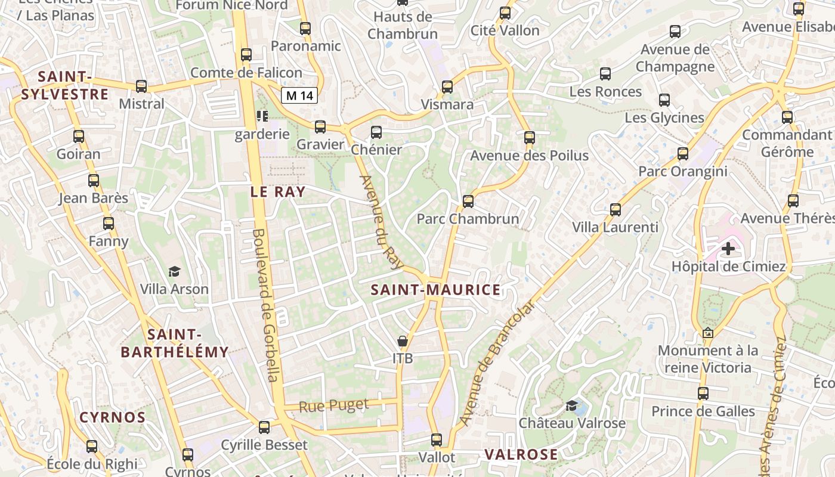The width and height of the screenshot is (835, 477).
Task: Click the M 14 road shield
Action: (299, 95)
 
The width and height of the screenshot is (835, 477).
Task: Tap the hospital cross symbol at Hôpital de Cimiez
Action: (728, 248)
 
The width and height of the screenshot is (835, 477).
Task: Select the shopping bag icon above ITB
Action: (403, 341)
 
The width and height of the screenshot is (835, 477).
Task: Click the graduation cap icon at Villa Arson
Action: (174, 272)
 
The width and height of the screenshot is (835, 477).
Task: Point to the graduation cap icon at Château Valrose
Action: (571, 406)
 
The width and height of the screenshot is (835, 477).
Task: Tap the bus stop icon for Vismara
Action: (447, 87)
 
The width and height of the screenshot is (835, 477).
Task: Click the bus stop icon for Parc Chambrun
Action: (468, 202)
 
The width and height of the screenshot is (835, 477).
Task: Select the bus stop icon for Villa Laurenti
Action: (616, 210)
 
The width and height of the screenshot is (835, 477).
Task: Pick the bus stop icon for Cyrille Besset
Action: (264, 428)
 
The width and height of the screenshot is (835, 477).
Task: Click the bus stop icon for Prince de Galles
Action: (703, 394)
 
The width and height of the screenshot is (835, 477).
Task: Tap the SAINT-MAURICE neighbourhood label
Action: (435, 290)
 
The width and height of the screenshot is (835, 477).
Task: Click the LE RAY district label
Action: (277, 192)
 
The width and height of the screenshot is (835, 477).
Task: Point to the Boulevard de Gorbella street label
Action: (266, 305)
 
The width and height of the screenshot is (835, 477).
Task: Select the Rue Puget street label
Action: (334, 406)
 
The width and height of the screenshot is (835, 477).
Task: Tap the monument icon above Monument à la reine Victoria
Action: (708, 333)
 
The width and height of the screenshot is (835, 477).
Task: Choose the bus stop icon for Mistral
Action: (141, 86)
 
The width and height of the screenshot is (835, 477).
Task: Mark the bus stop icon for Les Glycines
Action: (664, 100)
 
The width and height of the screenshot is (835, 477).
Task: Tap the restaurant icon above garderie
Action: (262, 116)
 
